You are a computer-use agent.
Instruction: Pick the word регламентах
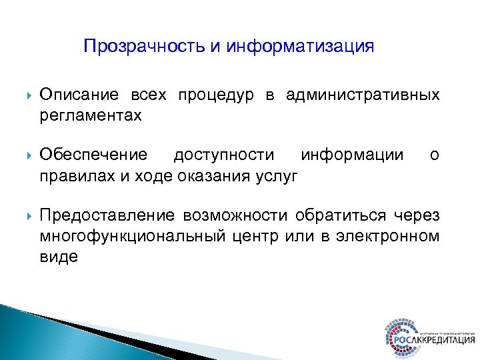91,116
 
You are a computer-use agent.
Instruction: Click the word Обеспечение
93,155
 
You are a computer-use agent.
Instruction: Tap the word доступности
223,155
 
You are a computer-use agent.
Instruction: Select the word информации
352,155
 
